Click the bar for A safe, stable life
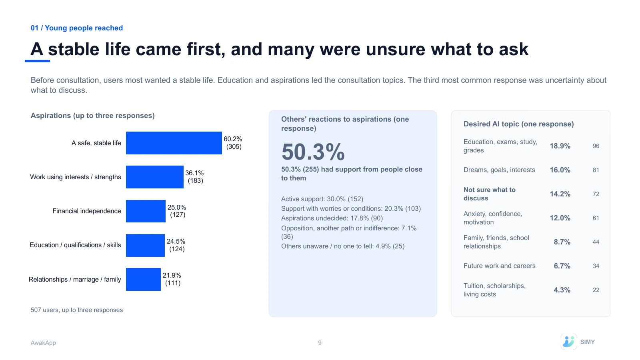(174, 143)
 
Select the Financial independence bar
(146, 211)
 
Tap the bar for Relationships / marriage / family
(143, 280)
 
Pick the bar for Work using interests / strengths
(154, 177)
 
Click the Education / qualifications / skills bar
(145, 245)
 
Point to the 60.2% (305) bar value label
(233, 143)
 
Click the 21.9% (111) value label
(172, 279)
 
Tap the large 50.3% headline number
(313, 152)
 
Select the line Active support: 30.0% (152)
(322, 199)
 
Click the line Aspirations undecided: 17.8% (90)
(332, 218)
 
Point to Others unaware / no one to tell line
(342, 246)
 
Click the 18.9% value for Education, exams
(560, 146)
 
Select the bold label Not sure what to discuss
(490, 194)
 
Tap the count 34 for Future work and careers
(596, 266)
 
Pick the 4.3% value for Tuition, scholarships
(562, 290)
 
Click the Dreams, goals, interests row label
(499, 170)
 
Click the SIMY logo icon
(568, 342)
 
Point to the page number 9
(320, 342)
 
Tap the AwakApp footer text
(43, 343)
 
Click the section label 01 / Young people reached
(77, 28)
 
